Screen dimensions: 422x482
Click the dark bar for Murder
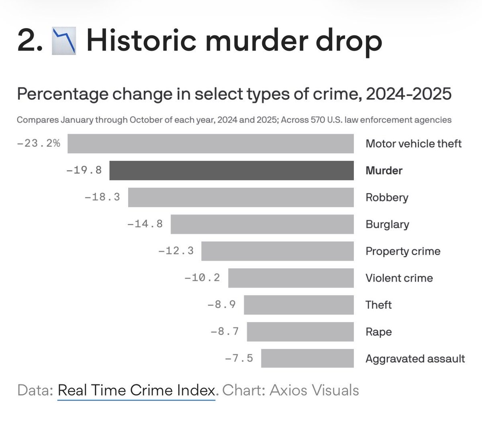231,170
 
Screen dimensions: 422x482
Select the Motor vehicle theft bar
210,144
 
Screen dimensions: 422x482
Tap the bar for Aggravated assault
307,358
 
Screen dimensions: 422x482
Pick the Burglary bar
262,224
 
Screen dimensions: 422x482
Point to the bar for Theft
298,305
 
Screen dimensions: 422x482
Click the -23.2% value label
39,143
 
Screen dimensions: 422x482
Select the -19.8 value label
84,170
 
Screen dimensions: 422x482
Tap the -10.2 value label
202,278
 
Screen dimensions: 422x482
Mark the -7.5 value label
239,358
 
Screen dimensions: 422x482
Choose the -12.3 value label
176,251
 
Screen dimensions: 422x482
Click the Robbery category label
386,197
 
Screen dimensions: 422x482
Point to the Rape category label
378,332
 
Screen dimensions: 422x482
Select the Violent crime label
399,278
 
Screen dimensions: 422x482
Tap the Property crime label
402,251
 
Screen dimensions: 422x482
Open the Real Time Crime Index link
137,390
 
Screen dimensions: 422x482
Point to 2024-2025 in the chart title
408,94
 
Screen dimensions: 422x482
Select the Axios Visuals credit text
314,390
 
